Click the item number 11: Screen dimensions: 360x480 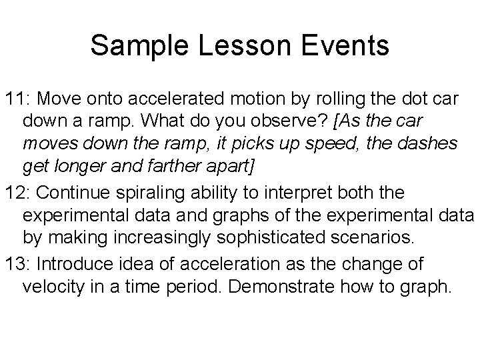point(19,99)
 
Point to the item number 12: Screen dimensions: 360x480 point(19,193)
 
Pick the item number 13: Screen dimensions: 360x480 point(19,264)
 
